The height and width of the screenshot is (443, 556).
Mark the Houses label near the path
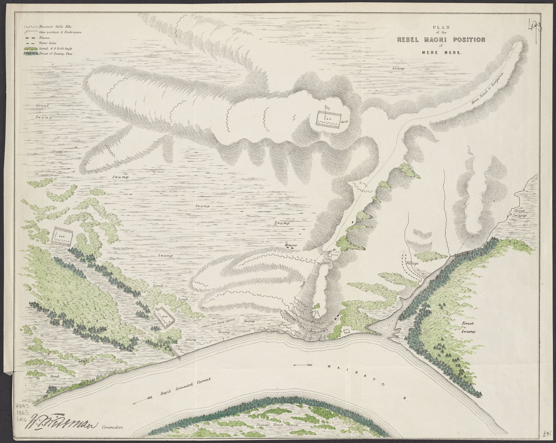[x=291, y=246]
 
